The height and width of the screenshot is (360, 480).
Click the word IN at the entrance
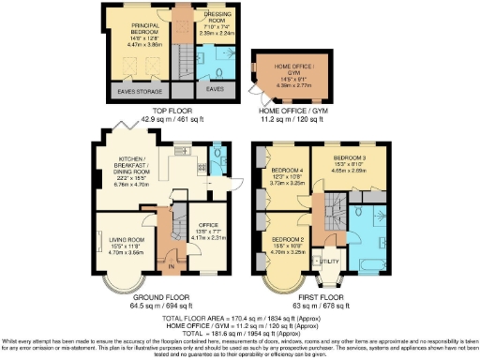click(170, 267)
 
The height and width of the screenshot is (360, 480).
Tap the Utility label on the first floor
click(330, 260)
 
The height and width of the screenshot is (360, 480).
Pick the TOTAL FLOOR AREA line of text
click(240, 318)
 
